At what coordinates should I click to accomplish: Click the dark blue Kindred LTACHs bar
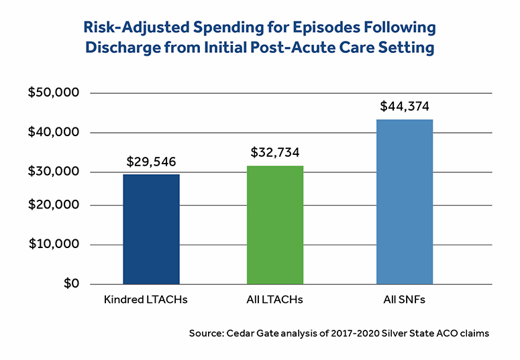(151, 229)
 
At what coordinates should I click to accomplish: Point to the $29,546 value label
(152, 162)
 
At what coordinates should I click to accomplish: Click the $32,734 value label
(275, 153)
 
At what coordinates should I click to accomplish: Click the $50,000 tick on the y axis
(55, 93)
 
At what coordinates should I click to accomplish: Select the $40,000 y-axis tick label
(55, 133)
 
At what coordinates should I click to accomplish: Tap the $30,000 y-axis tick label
(55, 172)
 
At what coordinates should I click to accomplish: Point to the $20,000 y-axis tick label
(55, 205)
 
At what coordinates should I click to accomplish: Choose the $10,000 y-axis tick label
(55, 244)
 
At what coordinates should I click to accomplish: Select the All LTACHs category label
(274, 300)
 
